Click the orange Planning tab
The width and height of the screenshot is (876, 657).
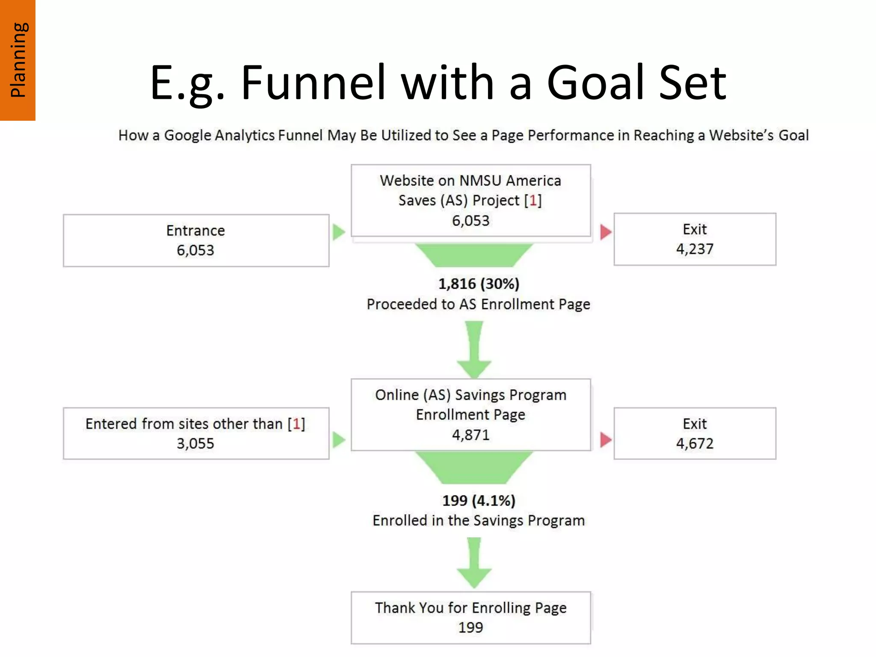point(18,60)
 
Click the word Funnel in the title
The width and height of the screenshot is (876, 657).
point(313,82)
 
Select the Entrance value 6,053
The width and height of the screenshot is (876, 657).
point(195,250)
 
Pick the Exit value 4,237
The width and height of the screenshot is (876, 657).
point(695,249)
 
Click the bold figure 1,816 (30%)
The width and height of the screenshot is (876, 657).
point(479,284)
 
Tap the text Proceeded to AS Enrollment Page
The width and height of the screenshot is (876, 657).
point(478,304)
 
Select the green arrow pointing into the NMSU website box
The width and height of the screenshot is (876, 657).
point(338,232)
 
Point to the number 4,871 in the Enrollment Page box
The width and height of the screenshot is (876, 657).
point(471,435)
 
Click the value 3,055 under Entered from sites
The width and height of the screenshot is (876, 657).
point(195,444)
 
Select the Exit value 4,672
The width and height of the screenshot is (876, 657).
point(695,444)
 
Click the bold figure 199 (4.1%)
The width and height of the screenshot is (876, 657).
point(479,500)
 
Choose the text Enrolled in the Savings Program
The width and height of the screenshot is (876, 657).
point(478,521)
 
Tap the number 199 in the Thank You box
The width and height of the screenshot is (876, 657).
point(471,627)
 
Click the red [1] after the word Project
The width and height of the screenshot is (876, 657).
point(533,200)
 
